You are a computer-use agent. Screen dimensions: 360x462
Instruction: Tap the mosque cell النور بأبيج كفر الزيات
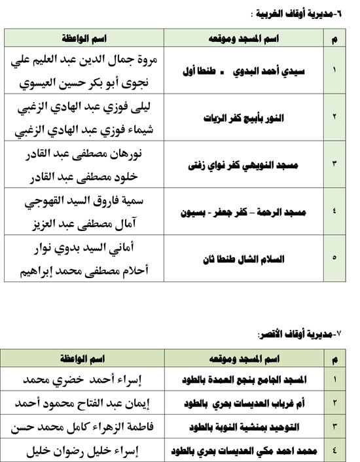coord(243,117)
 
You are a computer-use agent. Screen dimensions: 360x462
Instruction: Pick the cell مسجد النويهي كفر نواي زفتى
coord(243,164)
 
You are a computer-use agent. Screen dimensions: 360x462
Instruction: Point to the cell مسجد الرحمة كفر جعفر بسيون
coord(243,211)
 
